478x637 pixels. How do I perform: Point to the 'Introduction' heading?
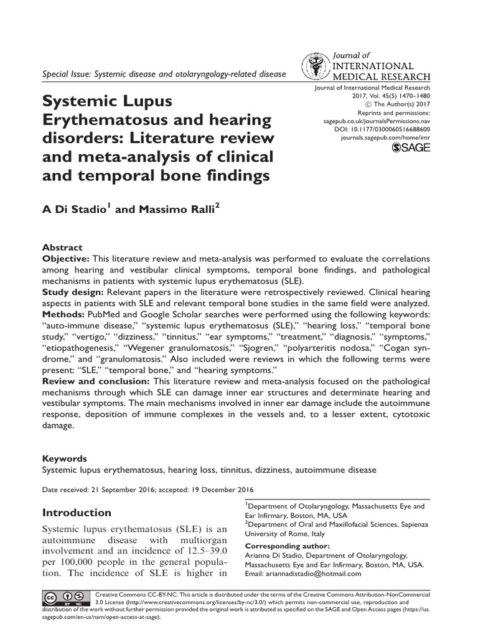(x=77, y=513)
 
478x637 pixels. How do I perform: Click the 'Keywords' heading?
(x=65, y=458)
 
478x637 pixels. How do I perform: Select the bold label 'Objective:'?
(x=65, y=258)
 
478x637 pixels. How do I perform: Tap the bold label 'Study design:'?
(x=73, y=292)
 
